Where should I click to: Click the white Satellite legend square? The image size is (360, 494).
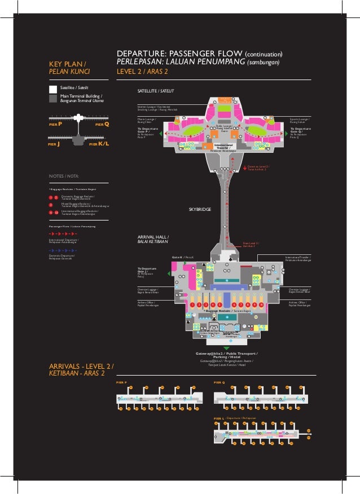[x=52, y=89]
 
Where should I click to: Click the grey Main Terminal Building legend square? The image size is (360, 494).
[x=52, y=98]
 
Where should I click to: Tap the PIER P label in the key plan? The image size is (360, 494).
[x=55, y=123]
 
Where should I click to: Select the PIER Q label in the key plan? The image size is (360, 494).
[x=102, y=123]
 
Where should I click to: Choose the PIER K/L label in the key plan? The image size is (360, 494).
[x=99, y=144]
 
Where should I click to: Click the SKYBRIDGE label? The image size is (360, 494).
[x=200, y=209]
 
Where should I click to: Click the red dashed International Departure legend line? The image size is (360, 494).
[x=63, y=232]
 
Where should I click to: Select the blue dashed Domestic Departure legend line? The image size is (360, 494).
[x=63, y=249]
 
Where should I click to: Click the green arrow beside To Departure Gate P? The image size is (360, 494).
[x=162, y=134]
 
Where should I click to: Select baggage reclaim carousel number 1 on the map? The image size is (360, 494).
[x=192, y=305]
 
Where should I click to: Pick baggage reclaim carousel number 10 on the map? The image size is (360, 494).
[x=262, y=305]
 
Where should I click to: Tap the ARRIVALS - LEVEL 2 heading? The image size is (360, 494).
[x=81, y=366]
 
